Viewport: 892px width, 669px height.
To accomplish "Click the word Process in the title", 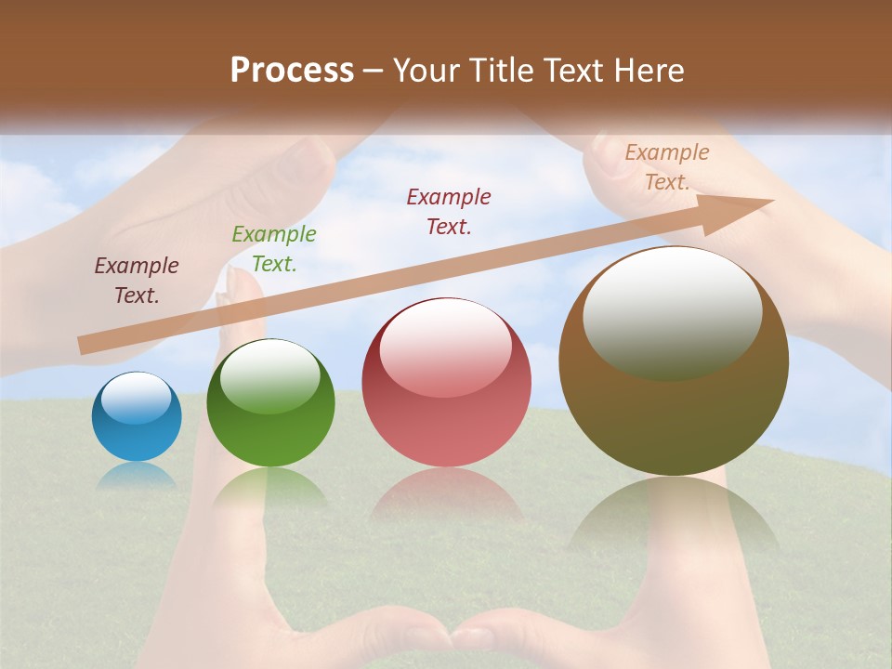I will point(292,70).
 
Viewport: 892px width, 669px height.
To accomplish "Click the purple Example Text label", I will point(137,280).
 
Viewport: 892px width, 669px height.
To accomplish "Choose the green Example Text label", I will point(274,248).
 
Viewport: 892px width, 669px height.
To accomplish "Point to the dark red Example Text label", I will point(449,211).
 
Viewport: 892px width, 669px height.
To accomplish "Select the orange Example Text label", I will point(667,166).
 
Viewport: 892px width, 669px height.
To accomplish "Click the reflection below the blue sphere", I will point(137,476).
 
